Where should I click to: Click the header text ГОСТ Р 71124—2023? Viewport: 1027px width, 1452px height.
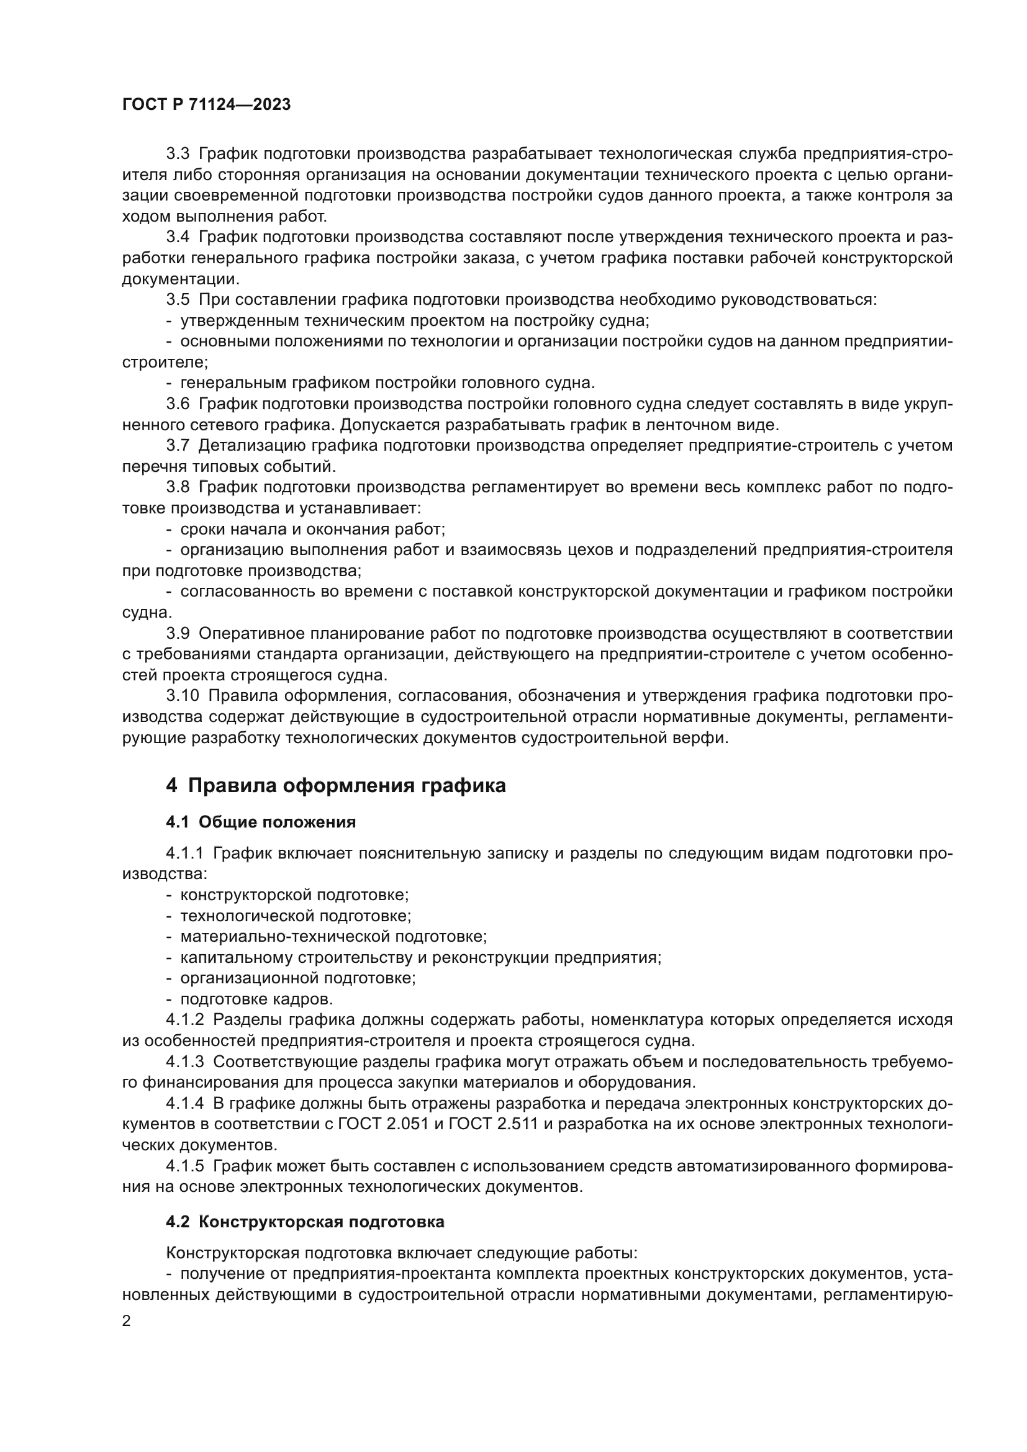(206, 105)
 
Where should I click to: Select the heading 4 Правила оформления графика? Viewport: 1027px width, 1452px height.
(336, 786)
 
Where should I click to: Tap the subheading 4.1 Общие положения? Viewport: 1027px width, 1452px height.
(261, 822)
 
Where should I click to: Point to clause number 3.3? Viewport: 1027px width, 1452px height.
(178, 154)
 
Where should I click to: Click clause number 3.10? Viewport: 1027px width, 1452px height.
(182, 697)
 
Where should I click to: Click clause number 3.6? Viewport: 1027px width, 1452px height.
(178, 404)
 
